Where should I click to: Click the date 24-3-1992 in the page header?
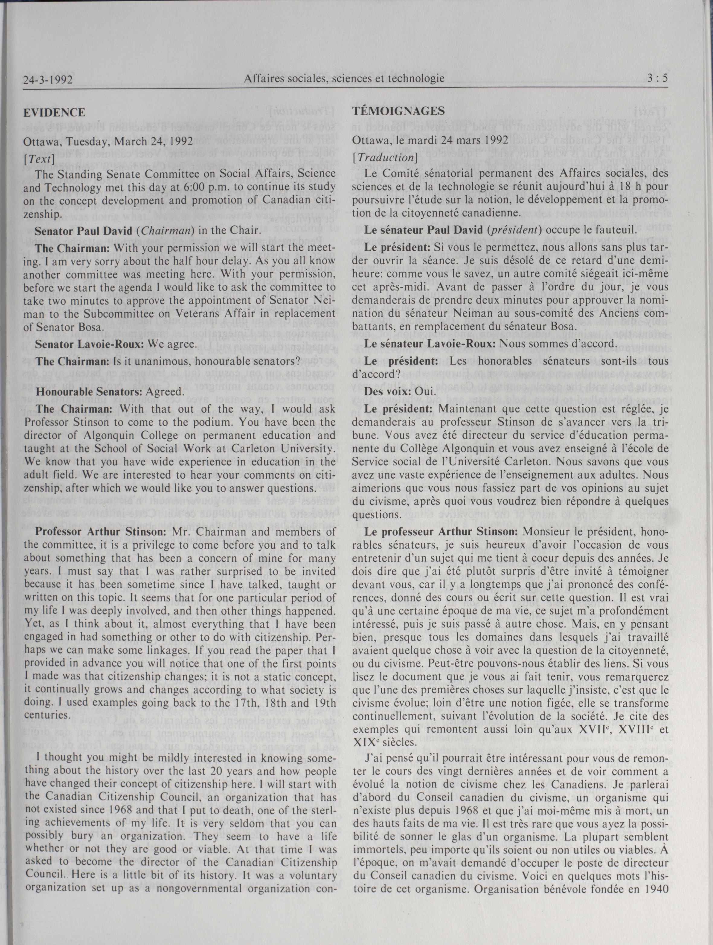coord(48,80)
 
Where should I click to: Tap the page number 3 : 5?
coord(657,78)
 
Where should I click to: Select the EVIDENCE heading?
coord(54,112)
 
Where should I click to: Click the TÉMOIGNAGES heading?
coord(398,111)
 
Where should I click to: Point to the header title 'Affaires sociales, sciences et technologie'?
coord(344,78)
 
